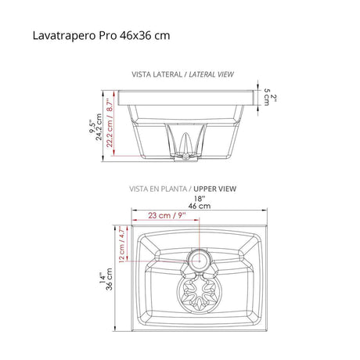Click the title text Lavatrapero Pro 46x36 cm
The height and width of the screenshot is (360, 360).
click(101, 35)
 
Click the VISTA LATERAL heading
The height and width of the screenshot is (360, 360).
click(157, 74)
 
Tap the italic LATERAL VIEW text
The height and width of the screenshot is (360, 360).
click(211, 74)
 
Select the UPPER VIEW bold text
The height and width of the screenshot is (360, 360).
click(214, 189)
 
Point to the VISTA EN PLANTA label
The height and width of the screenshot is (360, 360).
click(158, 189)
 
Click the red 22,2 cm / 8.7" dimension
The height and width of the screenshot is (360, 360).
click(110, 123)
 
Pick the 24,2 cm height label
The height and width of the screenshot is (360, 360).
click(99, 127)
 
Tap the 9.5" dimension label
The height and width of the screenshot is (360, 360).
click(92, 127)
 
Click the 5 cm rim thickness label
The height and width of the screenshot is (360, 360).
click(267, 97)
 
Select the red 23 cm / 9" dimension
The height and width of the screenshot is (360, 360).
click(167, 215)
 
